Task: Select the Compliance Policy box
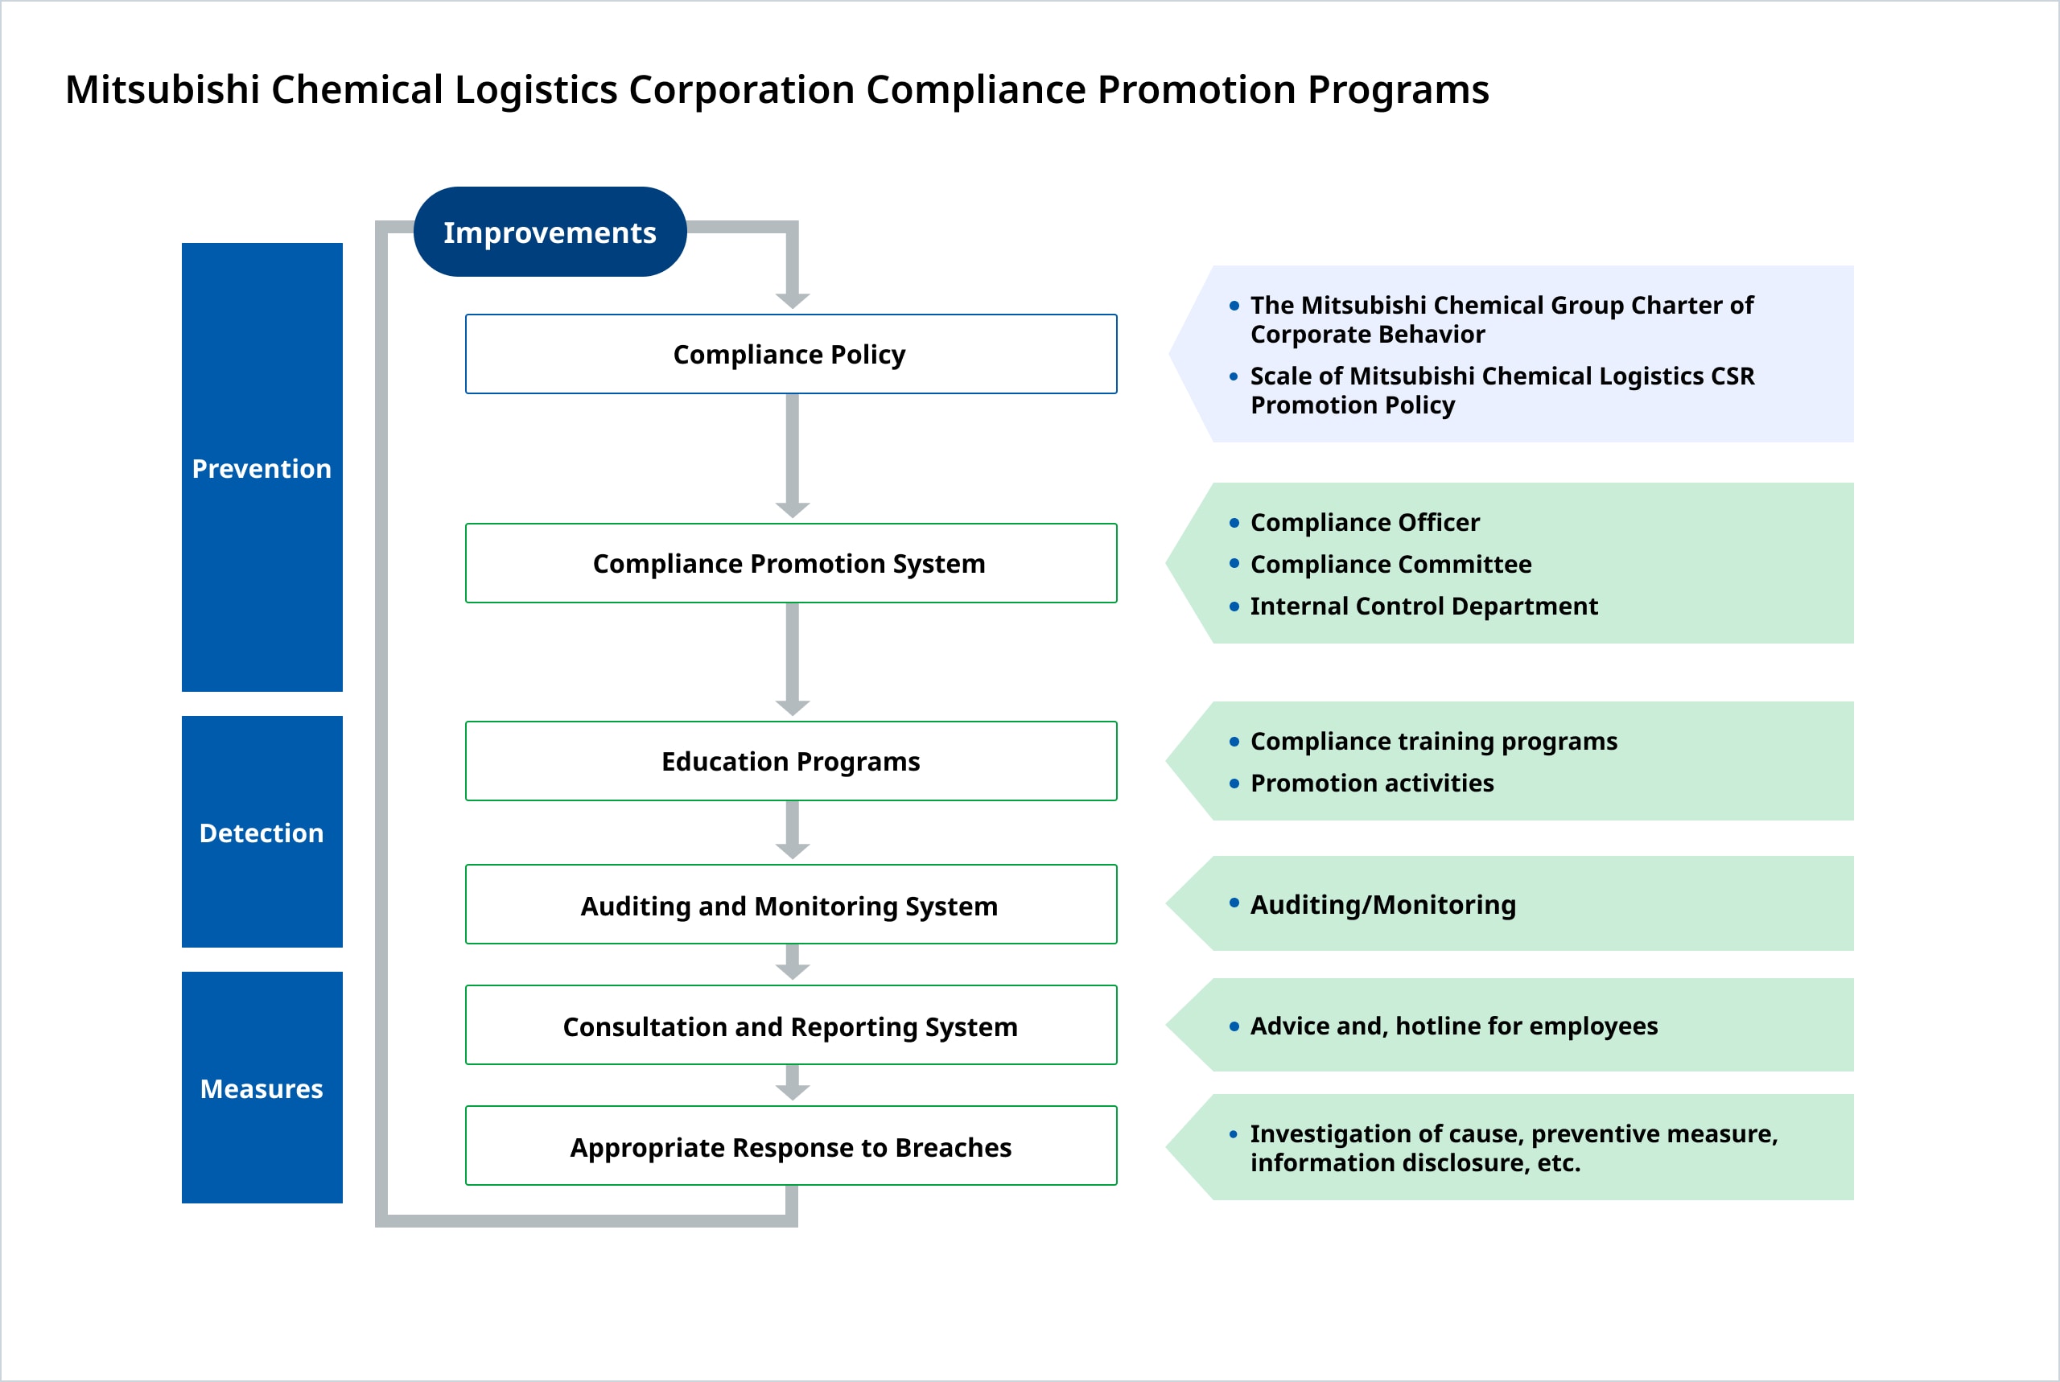click(x=791, y=353)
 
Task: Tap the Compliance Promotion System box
click(x=791, y=563)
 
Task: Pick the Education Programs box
click(x=791, y=761)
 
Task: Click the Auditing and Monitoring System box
click(x=791, y=905)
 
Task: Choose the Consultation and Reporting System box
click(x=791, y=1026)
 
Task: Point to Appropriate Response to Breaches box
click(x=791, y=1146)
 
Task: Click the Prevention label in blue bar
click(x=262, y=468)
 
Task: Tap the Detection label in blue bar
click(x=262, y=833)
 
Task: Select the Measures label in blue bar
click(x=262, y=1088)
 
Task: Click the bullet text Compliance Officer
click(x=1365, y=523)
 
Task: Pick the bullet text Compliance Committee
click(x=1390, y=564)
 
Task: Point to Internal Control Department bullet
click(x=1423, y=607)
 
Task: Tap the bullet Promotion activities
click(x=1371, y=783)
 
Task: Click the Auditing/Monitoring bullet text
click(x=1382, y=904)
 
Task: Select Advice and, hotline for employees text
click(x=1453, y=1026)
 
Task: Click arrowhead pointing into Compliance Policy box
click(x=793, y=300)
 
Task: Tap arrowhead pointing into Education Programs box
click(x=793, y=707)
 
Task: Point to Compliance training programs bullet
click(x=1433, y=741)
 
